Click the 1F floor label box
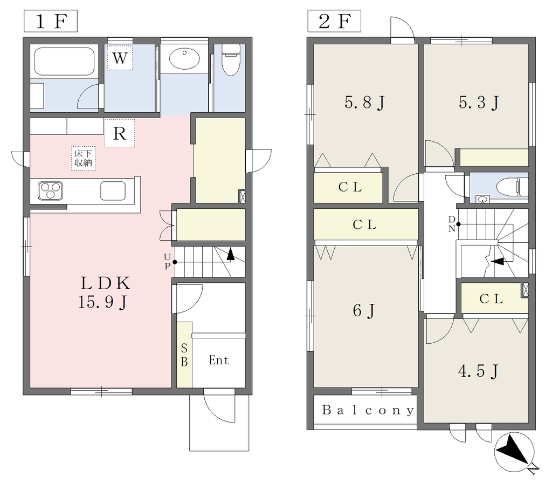[x=50, y=21]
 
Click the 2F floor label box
[x=334, y=21]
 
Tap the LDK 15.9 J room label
[x=105, y=292]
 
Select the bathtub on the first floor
[x=65, y=62]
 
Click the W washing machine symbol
[x=120, y=58]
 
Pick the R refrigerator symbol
[x=120, y=133]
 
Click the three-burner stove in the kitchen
[x=50, y=191]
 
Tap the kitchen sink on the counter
[x=113, y=190]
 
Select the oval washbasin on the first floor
[x=184, y=58]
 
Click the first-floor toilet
[x=231, y=60]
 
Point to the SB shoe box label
[x=184, y=355]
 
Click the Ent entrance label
[x=219, y=360]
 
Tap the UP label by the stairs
[x=167, y=261]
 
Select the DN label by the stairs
[x=452, y=224]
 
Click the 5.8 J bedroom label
[x=365, y=103]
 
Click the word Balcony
[x=368, y=410]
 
